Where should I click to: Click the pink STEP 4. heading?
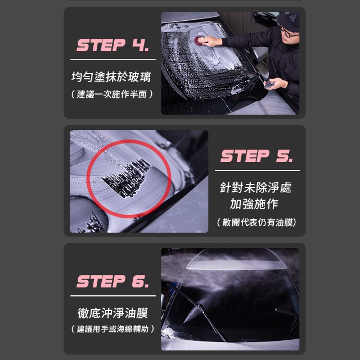112,45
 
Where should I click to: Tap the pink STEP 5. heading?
256,156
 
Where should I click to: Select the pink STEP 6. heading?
112,281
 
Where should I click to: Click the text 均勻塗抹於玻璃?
111,76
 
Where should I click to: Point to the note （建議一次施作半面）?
112,94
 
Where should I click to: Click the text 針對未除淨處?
255,187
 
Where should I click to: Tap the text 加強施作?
254,204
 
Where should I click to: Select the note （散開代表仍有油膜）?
256,222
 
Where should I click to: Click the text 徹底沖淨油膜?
112,313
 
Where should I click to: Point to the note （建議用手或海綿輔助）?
112,329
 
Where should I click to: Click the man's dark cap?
289,21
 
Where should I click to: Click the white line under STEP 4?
113,60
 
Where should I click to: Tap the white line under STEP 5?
257,170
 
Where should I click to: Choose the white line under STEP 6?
113,296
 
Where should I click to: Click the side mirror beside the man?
259,55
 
